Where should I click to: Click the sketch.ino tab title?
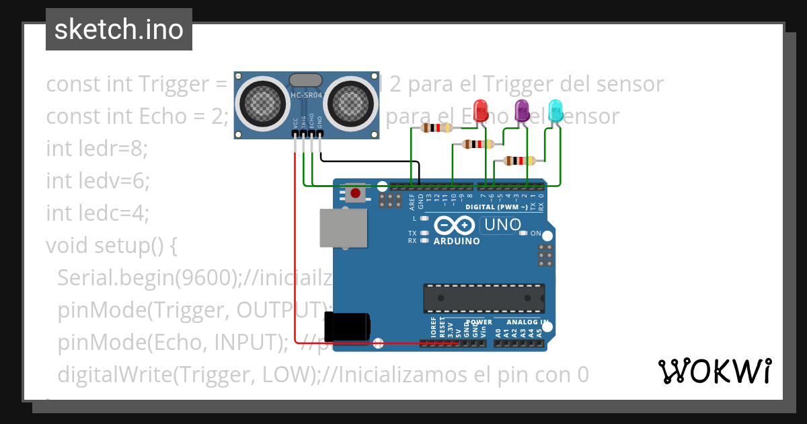pyautogui.click(x=119, y=30)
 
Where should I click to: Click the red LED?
pyautogui.click(x=481, y=111)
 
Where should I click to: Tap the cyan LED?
pyautogui.click(x=555, y=111)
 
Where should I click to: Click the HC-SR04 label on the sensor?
pyautogui.click(x=307, y=96)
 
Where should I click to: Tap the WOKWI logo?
pyautogui.click(x=714, y=371)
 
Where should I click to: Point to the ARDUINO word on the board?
pyautogui.click(x=457, y=241)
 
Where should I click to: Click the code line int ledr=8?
pyautogui.click(x=96, y=149)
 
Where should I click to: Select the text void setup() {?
pyautogui.click(x=112, y=246)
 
